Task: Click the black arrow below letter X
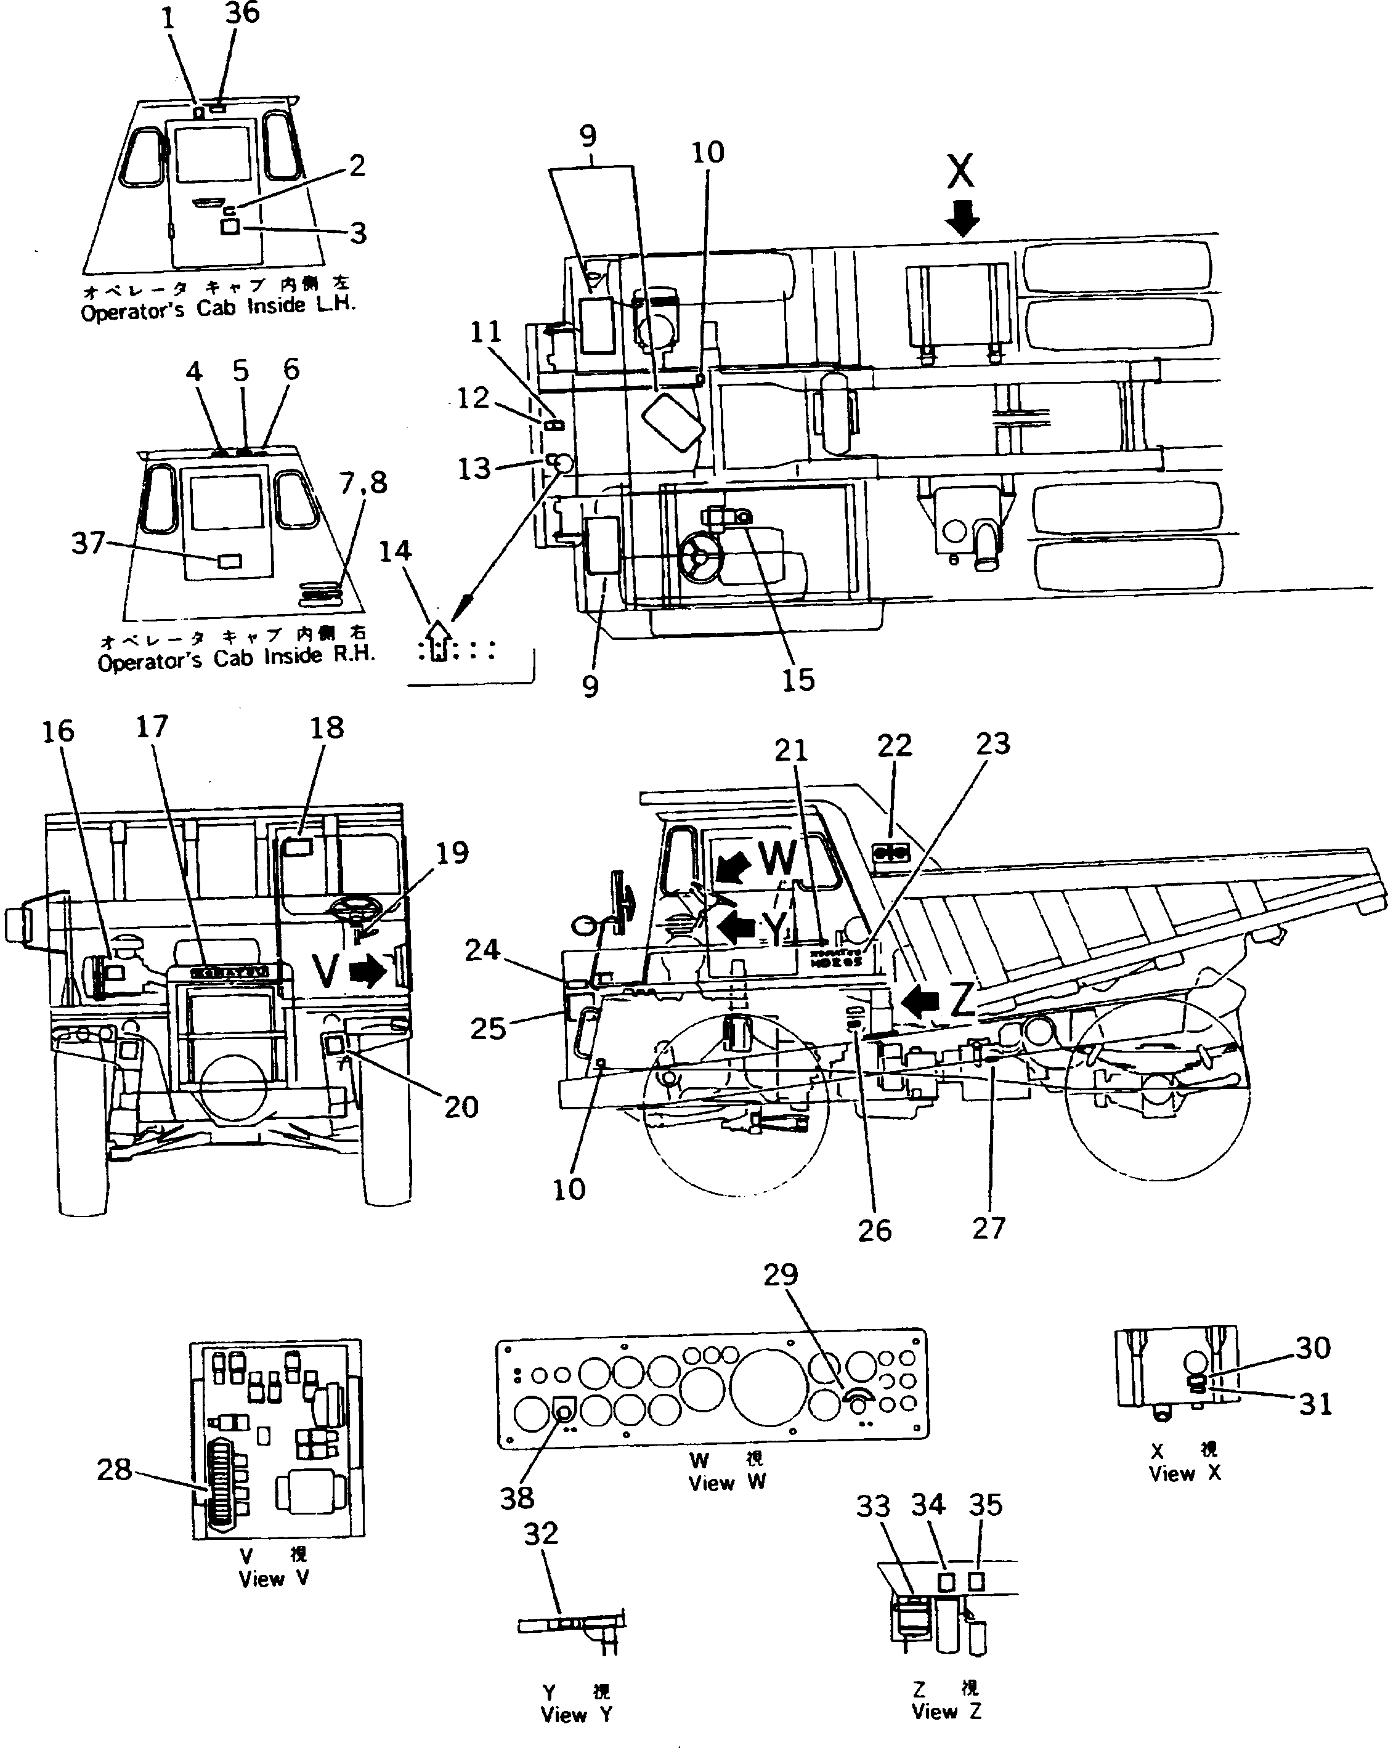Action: click(962, 219)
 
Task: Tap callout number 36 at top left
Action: click(241, 13)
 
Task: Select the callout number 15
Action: click(798, 680)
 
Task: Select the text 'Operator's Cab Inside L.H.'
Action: click(218, 308)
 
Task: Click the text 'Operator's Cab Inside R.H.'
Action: click(236, 659)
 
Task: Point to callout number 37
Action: click(87, 543)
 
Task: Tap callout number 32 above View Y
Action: click(541, 1533)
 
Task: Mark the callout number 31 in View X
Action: click(1315, 1404)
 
